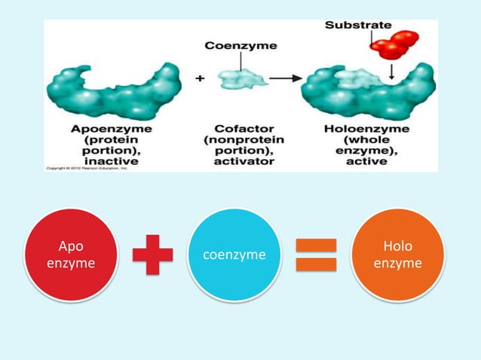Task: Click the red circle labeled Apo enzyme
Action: (x=71, y=255)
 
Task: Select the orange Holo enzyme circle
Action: (x=397, y=255)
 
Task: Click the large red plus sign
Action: (x=152, y=255)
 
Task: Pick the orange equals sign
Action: (x=316, y=255)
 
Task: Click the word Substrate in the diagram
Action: (x=357, y=26)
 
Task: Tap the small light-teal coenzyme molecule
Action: (x=238, y=78)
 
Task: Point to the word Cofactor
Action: (x=240, y=129)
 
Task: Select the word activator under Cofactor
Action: (x=240, y=160)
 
